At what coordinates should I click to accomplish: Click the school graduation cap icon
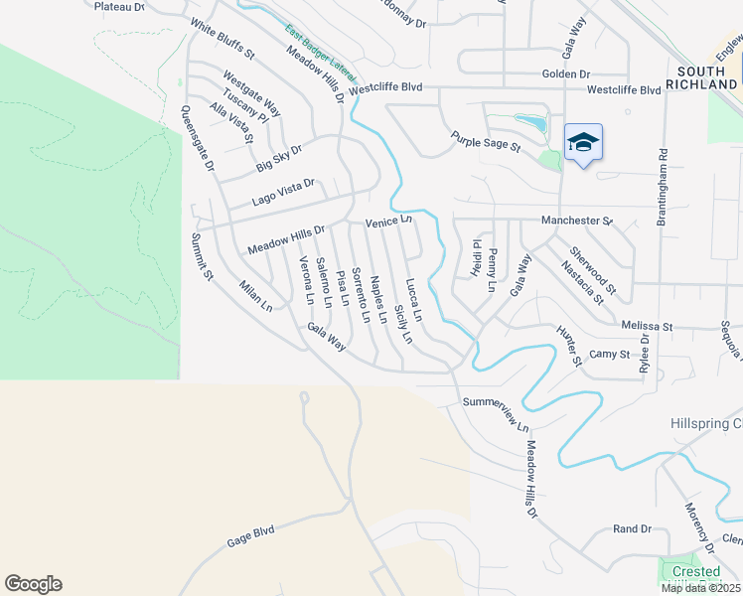583,143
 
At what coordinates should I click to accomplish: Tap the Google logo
33,584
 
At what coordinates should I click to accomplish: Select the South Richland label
706,78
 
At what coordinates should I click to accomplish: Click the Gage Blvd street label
249,537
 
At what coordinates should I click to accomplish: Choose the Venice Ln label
387,222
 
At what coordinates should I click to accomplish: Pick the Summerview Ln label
496,413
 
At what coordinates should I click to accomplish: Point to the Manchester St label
577,221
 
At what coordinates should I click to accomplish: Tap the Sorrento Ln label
362,295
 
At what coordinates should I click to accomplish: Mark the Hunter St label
568,346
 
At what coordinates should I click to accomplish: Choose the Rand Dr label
631,529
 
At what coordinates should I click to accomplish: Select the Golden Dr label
565,74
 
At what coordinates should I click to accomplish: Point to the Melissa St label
647,326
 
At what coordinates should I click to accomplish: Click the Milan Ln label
255,296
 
